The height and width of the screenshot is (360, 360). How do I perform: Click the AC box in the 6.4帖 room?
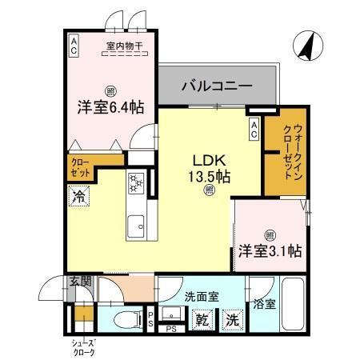tap(73, 45)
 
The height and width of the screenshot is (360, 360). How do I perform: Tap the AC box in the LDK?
tap(254, 129)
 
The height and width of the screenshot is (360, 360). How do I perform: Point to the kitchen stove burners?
tap(135, 184)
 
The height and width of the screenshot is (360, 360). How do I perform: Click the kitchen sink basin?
tap(135, 223)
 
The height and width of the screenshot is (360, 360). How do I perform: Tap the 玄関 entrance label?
tap(79, 281)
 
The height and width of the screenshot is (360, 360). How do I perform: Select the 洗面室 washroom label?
tap(200, 297)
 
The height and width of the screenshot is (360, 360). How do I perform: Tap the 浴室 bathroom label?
tap(265, 304)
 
